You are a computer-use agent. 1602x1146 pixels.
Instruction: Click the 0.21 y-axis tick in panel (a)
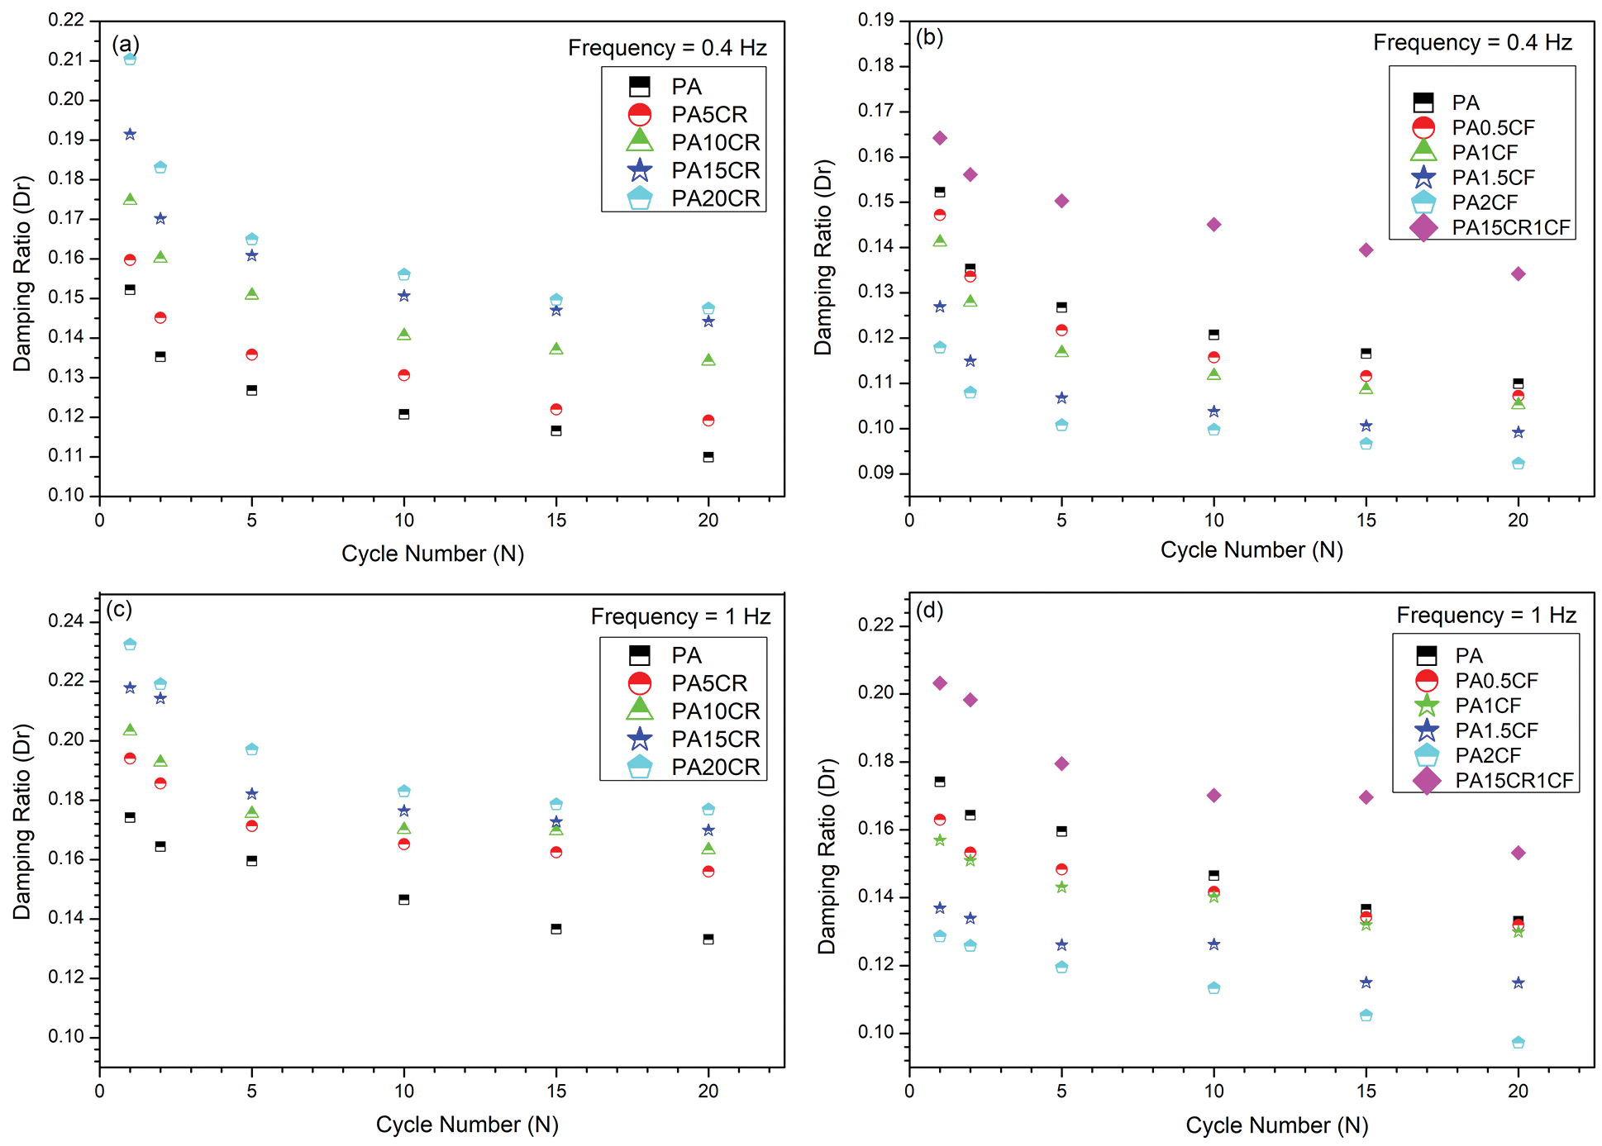coord(66,59)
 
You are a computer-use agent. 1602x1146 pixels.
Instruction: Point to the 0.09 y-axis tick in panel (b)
coord(876,473)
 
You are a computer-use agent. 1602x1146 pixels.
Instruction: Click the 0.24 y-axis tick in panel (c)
coord(66,621)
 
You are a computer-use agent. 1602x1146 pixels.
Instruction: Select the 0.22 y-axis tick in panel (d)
coord(876,625)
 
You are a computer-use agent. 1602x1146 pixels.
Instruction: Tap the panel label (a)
coord(126,44)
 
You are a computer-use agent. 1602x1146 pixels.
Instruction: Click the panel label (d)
coord(930,611)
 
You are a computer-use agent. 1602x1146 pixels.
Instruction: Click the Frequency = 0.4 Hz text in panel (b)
coord(1472,43)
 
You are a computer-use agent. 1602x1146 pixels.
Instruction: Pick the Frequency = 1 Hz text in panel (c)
coord(680,617)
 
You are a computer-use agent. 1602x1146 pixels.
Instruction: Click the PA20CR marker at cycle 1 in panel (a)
coord(130,59)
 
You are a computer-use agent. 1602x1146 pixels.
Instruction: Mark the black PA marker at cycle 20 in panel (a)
coord(708,457)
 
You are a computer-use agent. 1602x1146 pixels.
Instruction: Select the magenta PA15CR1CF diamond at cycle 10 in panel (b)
coord(1213,225)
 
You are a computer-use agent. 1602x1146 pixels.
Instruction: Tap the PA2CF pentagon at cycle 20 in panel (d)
coord(1518,1043)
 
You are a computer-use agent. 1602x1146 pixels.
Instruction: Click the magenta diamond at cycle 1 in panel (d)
coord(940,683)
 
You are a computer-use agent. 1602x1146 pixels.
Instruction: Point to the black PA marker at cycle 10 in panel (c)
coord(404,900)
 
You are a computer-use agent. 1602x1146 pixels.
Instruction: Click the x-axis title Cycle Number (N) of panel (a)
coord(432,554)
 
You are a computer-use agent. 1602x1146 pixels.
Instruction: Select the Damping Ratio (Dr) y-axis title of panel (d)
coord(827,856)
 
